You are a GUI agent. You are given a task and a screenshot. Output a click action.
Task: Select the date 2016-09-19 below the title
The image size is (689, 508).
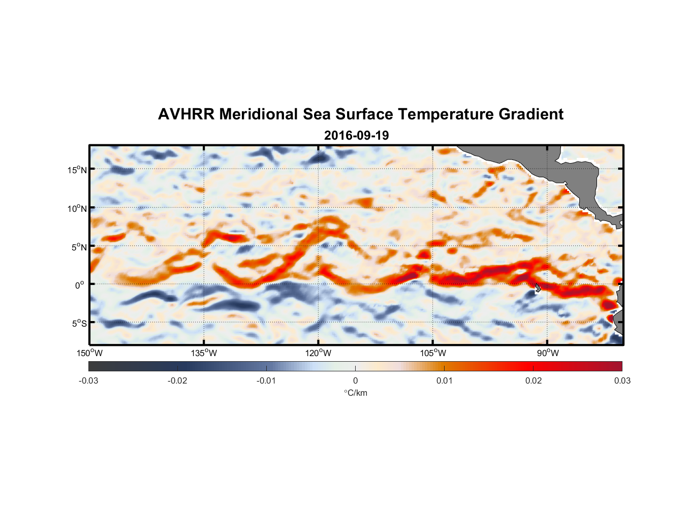coord(356,136)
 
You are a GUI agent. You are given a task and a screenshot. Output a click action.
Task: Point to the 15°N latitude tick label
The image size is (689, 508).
coord(77,170)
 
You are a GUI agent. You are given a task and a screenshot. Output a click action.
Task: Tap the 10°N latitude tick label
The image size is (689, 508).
coord(77,208)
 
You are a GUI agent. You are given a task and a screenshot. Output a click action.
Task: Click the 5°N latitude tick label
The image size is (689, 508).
coord(79,247)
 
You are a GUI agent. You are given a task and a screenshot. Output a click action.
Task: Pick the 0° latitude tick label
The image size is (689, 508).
coord(80,285)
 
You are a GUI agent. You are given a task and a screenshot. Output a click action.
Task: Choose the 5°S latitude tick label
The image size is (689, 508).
coord(79,324)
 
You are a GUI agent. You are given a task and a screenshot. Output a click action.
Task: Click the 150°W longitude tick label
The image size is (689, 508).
coord(90,353)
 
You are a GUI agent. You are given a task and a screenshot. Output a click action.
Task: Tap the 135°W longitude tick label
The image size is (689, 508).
coord(204,353)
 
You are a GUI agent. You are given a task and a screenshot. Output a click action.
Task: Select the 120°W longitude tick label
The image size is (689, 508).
coord(319,353)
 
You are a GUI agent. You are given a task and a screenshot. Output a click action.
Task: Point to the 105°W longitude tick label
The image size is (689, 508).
coord(433,353)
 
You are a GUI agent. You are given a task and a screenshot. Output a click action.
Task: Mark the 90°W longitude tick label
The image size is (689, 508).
coord(548,353)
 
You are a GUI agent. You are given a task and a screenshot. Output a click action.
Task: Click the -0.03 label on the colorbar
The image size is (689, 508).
coord(88,381)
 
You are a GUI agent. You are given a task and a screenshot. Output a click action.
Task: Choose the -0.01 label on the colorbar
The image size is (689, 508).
coord(266,381)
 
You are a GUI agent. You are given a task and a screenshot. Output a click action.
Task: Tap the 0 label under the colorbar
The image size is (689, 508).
coord(355,381)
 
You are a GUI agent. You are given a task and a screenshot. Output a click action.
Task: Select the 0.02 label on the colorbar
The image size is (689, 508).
coord(534,381)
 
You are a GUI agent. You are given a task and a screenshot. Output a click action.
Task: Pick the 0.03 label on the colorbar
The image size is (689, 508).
coord(622,381)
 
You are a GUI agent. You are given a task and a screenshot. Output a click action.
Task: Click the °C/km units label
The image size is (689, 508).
coord(356,393)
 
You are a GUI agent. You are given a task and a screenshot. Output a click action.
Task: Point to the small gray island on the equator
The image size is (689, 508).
coord(538,288)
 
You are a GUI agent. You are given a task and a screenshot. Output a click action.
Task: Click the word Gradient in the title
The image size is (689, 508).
coord(531,114)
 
